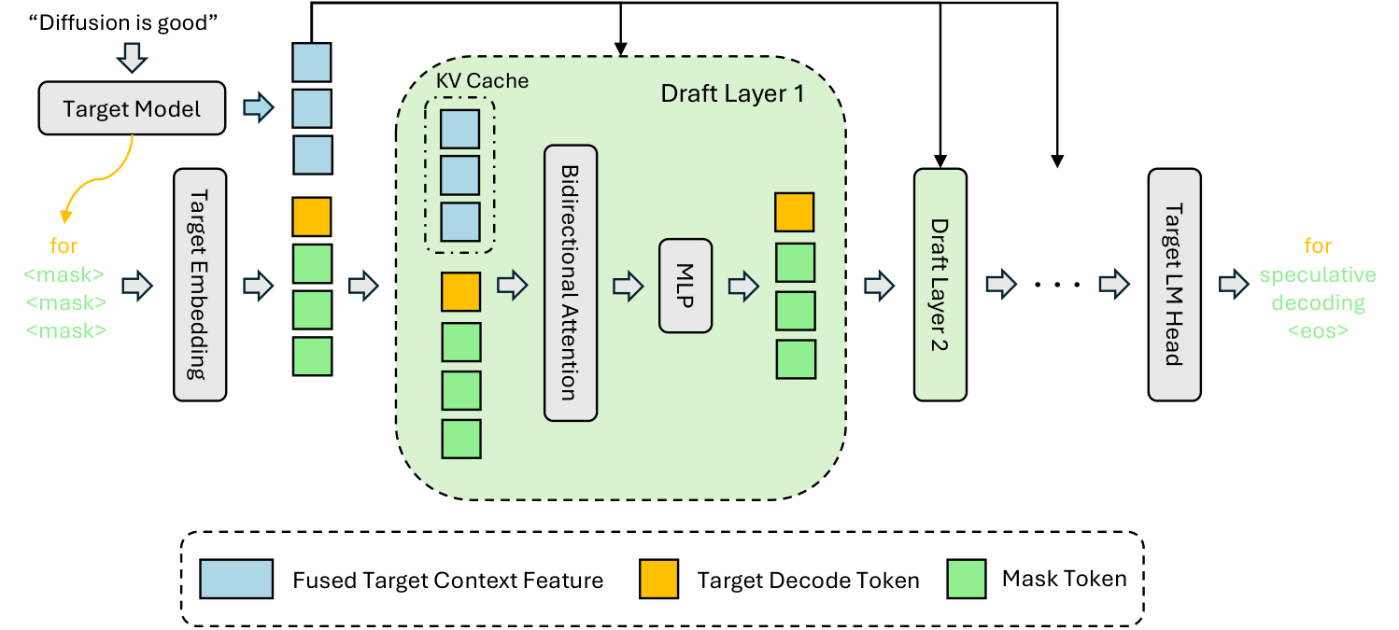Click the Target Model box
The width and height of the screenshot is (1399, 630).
pos(132,108)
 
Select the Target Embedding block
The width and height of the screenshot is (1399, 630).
pos(200,285)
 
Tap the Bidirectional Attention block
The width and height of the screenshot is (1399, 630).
pos(571,283)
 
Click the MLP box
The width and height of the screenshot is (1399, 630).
pos(685,286)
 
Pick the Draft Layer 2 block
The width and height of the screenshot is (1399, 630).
pos(940,285)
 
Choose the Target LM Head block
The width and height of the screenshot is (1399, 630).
pos(1174,285)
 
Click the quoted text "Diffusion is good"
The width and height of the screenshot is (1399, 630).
pos(123,22)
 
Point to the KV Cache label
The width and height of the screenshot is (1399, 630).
pos(482,80)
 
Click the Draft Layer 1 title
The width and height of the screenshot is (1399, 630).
pos(732,93)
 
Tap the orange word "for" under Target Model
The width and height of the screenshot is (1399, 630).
pos(64,245)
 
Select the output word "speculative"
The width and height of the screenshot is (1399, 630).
pos(1318,274)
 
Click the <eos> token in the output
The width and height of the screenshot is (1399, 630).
pos(1318,330)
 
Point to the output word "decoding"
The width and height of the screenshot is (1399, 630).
pos(1318,302)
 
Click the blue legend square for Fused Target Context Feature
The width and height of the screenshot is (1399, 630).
pos(236,579)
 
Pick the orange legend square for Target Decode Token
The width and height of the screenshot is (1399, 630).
pos(658,579)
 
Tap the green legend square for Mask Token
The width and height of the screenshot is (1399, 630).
pos(967,579)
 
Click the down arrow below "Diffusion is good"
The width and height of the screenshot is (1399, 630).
pos(132,58)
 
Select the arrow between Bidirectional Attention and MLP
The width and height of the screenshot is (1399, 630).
pos(628,286)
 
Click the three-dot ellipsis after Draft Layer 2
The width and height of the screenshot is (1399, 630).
pos(1057,285)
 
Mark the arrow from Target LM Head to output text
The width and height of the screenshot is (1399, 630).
pos(1234,285)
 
